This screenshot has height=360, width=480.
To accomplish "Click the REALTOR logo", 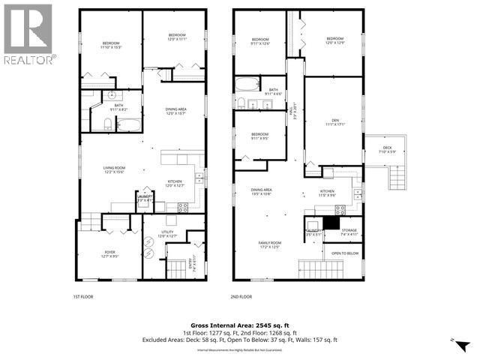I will click(x=28, y=34).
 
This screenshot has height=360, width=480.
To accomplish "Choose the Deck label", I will click(x=387, y=149).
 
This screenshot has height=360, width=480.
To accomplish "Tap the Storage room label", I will click(x=349, y=232).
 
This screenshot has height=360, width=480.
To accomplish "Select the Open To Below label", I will click(x=345, y=253).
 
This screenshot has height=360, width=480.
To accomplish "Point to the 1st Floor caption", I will click(x=82, y=297).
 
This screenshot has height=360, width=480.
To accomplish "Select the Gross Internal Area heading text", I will click(x=240, y=323).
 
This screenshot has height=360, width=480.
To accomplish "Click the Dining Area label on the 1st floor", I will click(x=176, y=112).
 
